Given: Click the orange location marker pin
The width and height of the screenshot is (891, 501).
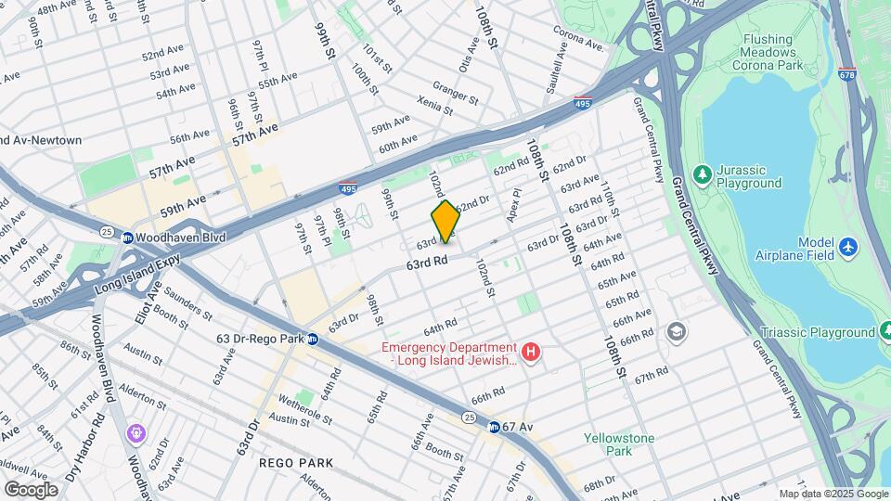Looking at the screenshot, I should (x=445, y=221).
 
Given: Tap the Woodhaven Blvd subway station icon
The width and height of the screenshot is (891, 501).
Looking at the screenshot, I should (x=127, y=238).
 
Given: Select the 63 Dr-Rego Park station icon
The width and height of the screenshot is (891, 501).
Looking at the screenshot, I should (x=314, y=339).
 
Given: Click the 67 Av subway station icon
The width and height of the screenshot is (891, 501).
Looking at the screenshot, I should (x=495, y=426).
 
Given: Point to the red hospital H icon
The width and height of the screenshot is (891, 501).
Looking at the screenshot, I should (x=531, y=353).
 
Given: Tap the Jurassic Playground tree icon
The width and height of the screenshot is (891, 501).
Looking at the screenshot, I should (x=703, y=174).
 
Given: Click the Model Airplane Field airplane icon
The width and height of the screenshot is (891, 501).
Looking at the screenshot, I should (x=846, y=248).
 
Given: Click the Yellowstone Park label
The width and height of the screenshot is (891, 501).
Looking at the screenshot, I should (x=619, y=444).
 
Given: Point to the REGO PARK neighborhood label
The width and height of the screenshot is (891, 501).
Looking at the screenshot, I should (x=296, y=462).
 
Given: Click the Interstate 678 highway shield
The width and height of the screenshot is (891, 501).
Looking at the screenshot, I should (x=846, y=72).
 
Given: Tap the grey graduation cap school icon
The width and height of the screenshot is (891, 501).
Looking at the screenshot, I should (x=677, y=331).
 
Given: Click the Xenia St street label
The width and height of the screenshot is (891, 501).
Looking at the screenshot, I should (x=433, y=105).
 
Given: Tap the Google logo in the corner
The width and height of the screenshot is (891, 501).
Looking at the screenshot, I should (x=32, y=489).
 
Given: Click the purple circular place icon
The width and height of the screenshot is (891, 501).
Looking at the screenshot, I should (x=137, y=432).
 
